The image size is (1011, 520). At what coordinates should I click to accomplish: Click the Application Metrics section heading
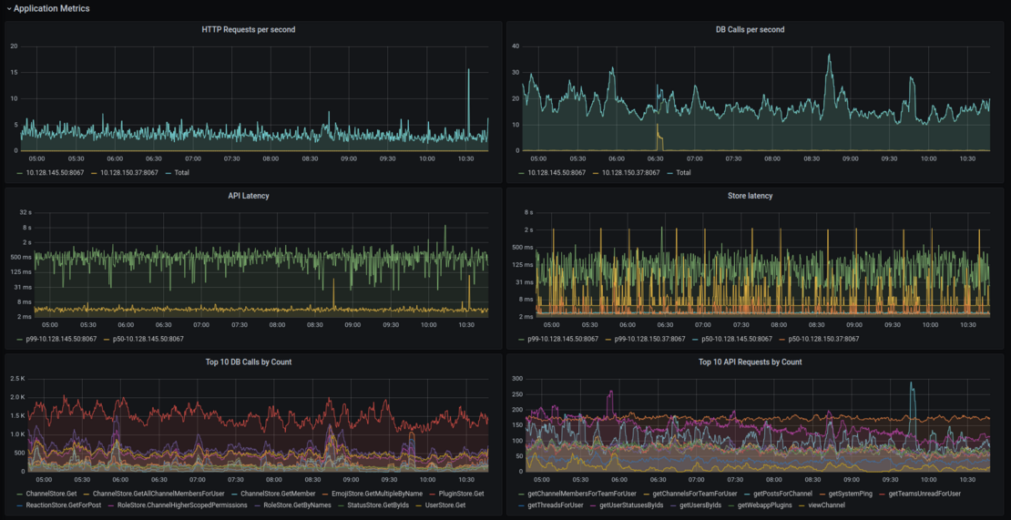52,8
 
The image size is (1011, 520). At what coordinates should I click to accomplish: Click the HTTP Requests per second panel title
249,30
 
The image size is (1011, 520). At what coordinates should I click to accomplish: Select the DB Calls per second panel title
750,30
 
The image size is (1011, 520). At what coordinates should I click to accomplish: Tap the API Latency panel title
249,196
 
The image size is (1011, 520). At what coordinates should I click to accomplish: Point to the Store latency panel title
750,196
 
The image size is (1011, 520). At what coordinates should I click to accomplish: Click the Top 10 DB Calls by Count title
249,362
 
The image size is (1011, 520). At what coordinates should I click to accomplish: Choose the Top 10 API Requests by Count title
750,362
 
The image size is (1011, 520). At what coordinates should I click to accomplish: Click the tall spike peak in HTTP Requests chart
468,69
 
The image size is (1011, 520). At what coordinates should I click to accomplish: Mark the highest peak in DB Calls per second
829,56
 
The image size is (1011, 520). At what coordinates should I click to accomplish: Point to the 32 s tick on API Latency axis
26,212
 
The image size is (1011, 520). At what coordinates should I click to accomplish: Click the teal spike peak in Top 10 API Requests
911,383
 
